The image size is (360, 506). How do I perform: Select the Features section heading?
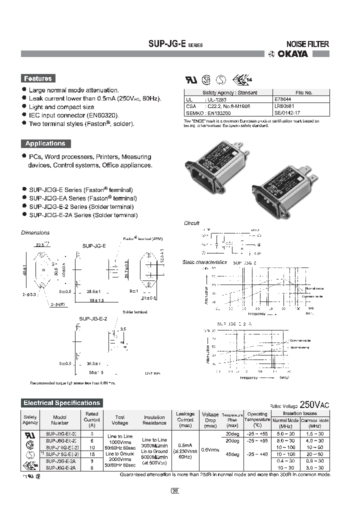point(38,78)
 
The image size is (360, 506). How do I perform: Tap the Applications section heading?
point(45,143)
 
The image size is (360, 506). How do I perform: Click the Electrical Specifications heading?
point(62,402)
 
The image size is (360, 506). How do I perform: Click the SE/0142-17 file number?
point(287,113)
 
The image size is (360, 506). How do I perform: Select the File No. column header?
point(303,92)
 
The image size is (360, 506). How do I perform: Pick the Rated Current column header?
point(91,419)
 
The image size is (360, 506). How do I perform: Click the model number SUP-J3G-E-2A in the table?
point(61,461)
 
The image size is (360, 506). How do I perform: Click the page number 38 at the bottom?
point(175,490)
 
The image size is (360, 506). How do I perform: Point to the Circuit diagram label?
point(192,223)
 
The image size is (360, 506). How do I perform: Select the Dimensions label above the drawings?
point(35,232)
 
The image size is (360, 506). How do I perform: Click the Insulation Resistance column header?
point(154,420)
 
